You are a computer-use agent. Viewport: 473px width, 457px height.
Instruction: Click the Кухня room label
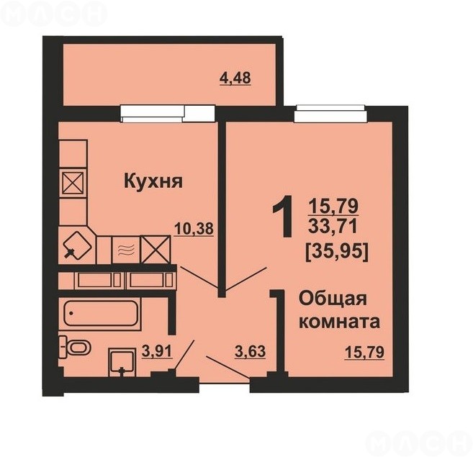point(153,182)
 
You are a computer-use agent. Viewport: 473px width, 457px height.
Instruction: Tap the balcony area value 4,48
point(235,78)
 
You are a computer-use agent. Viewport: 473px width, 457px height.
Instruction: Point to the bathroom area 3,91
point(156,351)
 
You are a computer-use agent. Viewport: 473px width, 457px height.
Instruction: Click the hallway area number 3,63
point(250,351)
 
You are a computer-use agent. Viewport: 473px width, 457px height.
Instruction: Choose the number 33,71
point(333,226)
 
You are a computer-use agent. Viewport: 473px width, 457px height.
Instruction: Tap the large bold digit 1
point(283,216)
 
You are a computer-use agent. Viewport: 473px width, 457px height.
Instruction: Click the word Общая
point(333,299)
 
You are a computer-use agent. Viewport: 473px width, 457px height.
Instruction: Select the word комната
point(339,322)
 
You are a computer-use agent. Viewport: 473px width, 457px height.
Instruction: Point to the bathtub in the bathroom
point(101,313)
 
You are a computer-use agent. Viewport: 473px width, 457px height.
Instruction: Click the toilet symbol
point(74,347)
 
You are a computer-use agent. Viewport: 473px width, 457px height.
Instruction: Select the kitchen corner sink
point(78,245)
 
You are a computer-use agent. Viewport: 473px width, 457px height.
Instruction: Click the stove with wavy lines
point(125,250)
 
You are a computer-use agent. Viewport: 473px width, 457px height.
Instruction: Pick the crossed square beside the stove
point(156,250)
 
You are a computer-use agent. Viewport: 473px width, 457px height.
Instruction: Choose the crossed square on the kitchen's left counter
point(73,183)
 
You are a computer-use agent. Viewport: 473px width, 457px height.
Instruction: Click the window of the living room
point(331,114)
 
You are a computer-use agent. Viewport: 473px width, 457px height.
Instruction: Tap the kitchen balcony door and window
point(168,114)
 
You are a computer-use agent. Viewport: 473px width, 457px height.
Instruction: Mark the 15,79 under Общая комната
point(364,353)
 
